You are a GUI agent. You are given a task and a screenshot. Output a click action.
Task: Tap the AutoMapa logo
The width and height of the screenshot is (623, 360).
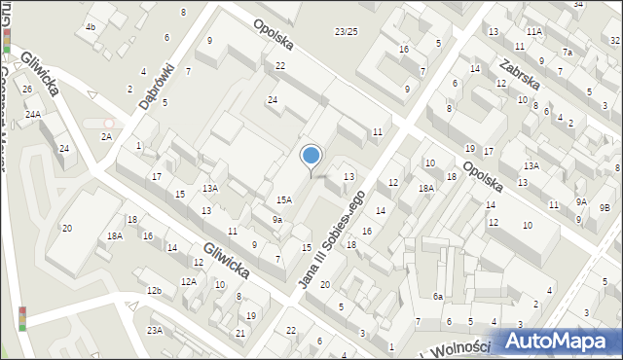pos(559,342)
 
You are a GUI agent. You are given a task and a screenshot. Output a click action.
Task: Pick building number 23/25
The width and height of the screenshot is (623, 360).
pos(346,32)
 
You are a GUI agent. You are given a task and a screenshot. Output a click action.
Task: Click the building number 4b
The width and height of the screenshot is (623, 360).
pos(90,26)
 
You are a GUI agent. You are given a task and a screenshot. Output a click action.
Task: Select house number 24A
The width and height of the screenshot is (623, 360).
pos(33,115)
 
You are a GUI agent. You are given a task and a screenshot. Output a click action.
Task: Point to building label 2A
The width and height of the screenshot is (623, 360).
pos(105,137)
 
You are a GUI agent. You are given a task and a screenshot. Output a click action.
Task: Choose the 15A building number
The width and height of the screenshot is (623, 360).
pos(283,199)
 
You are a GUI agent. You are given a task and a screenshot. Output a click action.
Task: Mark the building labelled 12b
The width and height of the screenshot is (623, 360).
pos(153,291)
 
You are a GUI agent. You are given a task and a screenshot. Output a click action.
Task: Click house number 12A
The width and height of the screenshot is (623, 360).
pos(188,282)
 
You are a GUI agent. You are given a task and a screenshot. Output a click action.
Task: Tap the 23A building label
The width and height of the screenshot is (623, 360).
pos(155,331)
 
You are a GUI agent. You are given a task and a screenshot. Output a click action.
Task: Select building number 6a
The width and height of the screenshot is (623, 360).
pos(438,297)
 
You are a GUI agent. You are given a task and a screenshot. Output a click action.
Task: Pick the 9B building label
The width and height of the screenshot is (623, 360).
pos(605,207)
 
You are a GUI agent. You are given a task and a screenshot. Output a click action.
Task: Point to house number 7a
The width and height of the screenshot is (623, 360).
pos(566,52)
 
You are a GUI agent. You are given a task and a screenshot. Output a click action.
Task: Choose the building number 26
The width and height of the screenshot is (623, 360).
pos(27,90)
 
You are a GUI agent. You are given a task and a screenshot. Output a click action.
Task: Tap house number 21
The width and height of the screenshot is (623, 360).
pos(240,334)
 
